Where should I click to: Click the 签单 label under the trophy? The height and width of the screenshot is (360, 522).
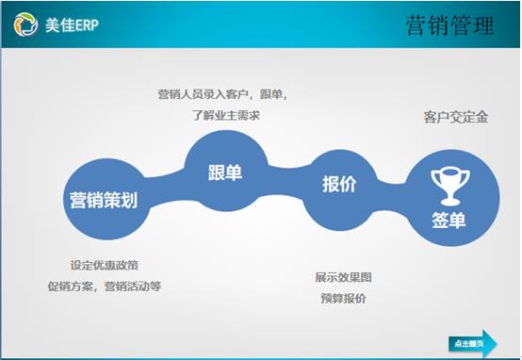tap(449, 220)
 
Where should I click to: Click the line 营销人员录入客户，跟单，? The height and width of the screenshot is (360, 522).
tap(222, 94)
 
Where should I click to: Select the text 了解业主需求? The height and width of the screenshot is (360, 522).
tap(223, 115)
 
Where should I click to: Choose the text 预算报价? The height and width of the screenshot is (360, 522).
tap(343, 298)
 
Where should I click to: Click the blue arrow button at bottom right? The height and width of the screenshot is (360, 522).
tap(472, 342)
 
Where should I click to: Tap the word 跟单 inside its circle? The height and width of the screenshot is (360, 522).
tap(225, 172)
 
